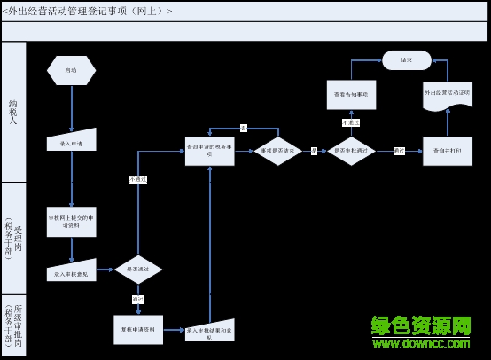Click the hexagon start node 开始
tap(71, 70)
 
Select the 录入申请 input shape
tap(71, 141)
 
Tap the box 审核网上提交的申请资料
tap(71, 222)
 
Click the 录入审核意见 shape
tap(71, 272)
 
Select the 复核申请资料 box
tap(138, 329)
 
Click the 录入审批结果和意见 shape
tap(210, 332)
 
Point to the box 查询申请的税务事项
tap(210, 151)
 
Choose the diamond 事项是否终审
tap(278, 151)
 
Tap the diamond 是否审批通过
tap(351, 151)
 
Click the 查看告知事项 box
tap(351, 94)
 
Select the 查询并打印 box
tap(447, 151)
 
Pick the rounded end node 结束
tap(406, 60)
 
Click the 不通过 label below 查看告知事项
tap(351, 122)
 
